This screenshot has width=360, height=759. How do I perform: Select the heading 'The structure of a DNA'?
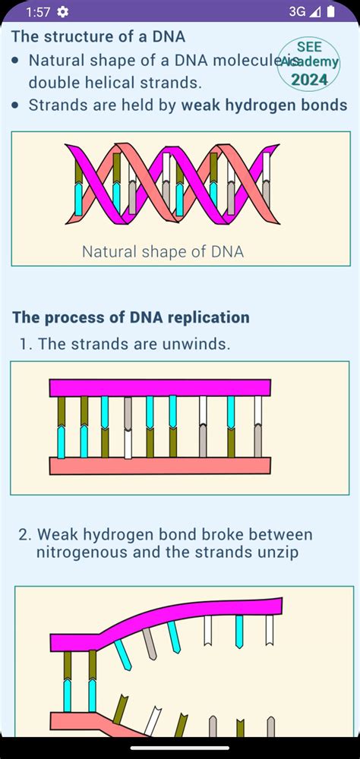(99, 36)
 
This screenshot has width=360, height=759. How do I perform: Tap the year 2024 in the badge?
(309, 78)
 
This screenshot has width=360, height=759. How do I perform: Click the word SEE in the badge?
(309, 47)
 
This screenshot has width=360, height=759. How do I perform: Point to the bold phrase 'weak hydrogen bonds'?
(264, 106)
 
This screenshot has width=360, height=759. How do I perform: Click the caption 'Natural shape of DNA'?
(163, 251)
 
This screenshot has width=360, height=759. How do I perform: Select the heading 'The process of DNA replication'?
(131, 317)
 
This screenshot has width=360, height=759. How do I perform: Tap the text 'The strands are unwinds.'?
(134, 344)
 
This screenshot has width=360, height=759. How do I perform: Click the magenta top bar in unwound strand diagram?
(160, 387)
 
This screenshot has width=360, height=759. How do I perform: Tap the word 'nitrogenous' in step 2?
(83, 553)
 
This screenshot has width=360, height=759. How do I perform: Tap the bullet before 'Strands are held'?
(15, 106)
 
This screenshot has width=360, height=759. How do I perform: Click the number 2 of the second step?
(24, 534)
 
